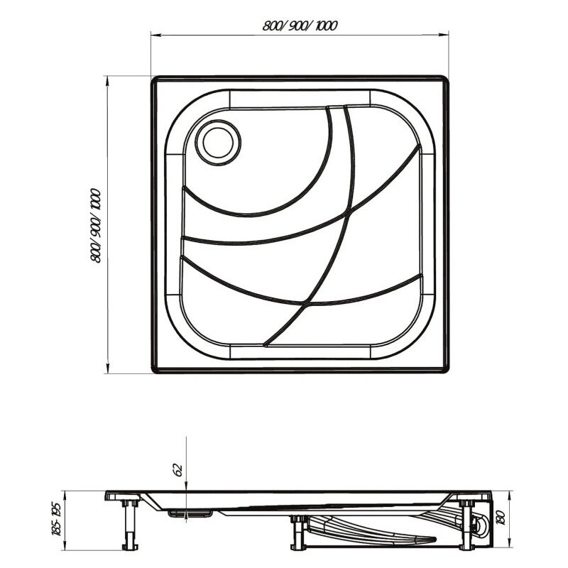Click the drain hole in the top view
click(218, 143)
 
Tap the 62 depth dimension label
click(178, 470)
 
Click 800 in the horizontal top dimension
click(272, 26)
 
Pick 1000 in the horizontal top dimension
click(326, 26)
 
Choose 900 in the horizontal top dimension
click(297, 26)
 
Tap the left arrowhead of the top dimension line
click(156, 35)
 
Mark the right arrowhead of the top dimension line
click(443, 34)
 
